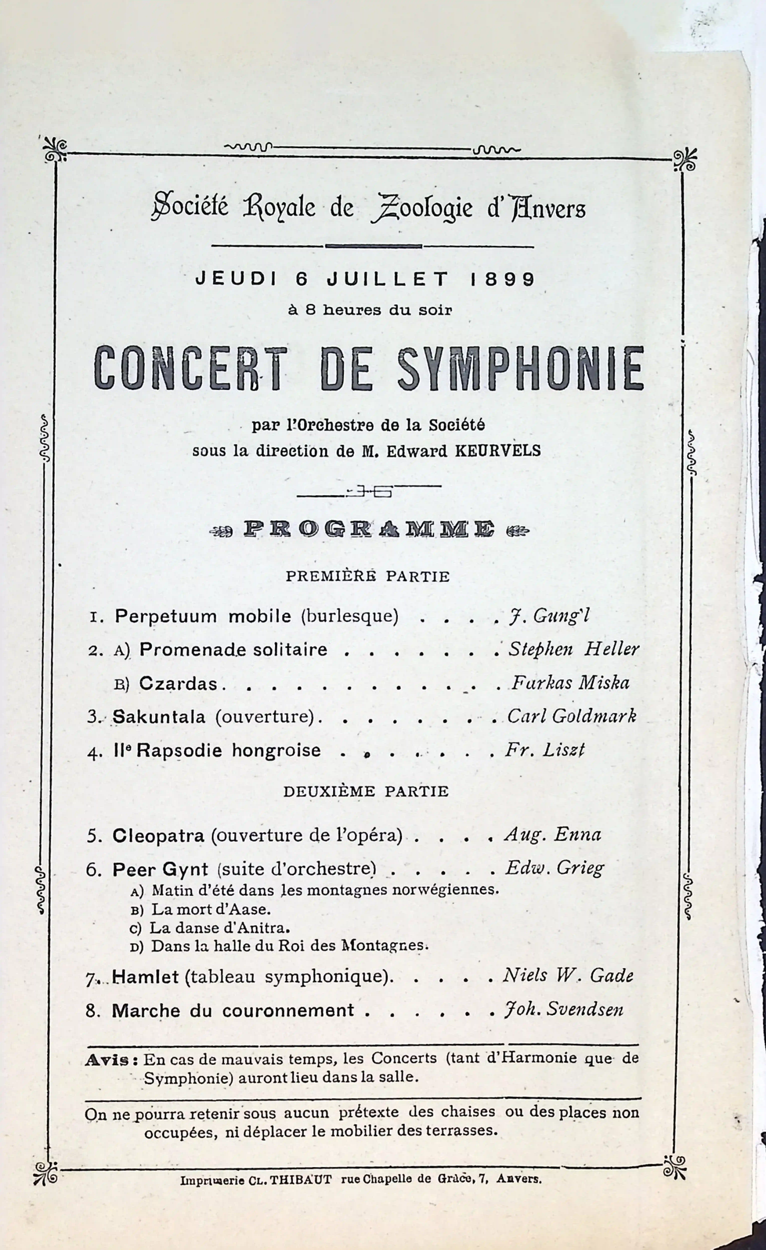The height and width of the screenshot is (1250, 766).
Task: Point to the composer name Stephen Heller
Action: click(x=574, y=649)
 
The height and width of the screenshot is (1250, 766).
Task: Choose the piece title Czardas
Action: click(x=178, y=684)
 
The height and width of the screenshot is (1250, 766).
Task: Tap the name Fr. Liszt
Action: click(x=545, y=750)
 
